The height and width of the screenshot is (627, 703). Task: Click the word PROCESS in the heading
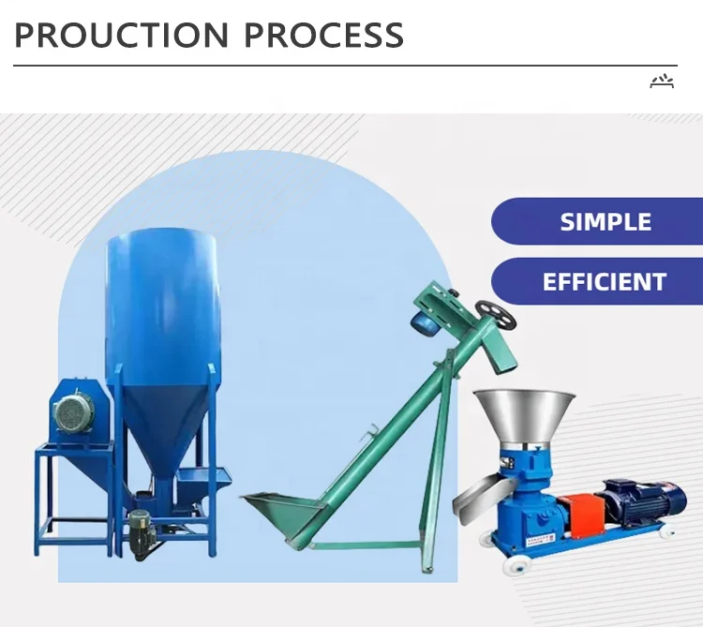[324, 35]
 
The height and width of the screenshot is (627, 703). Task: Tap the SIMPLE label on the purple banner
[605, 222]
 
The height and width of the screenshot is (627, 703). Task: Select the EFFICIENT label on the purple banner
[605, 281]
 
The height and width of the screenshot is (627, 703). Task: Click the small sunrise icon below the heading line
[662, 82]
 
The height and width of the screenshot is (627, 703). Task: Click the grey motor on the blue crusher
[74, 413]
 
